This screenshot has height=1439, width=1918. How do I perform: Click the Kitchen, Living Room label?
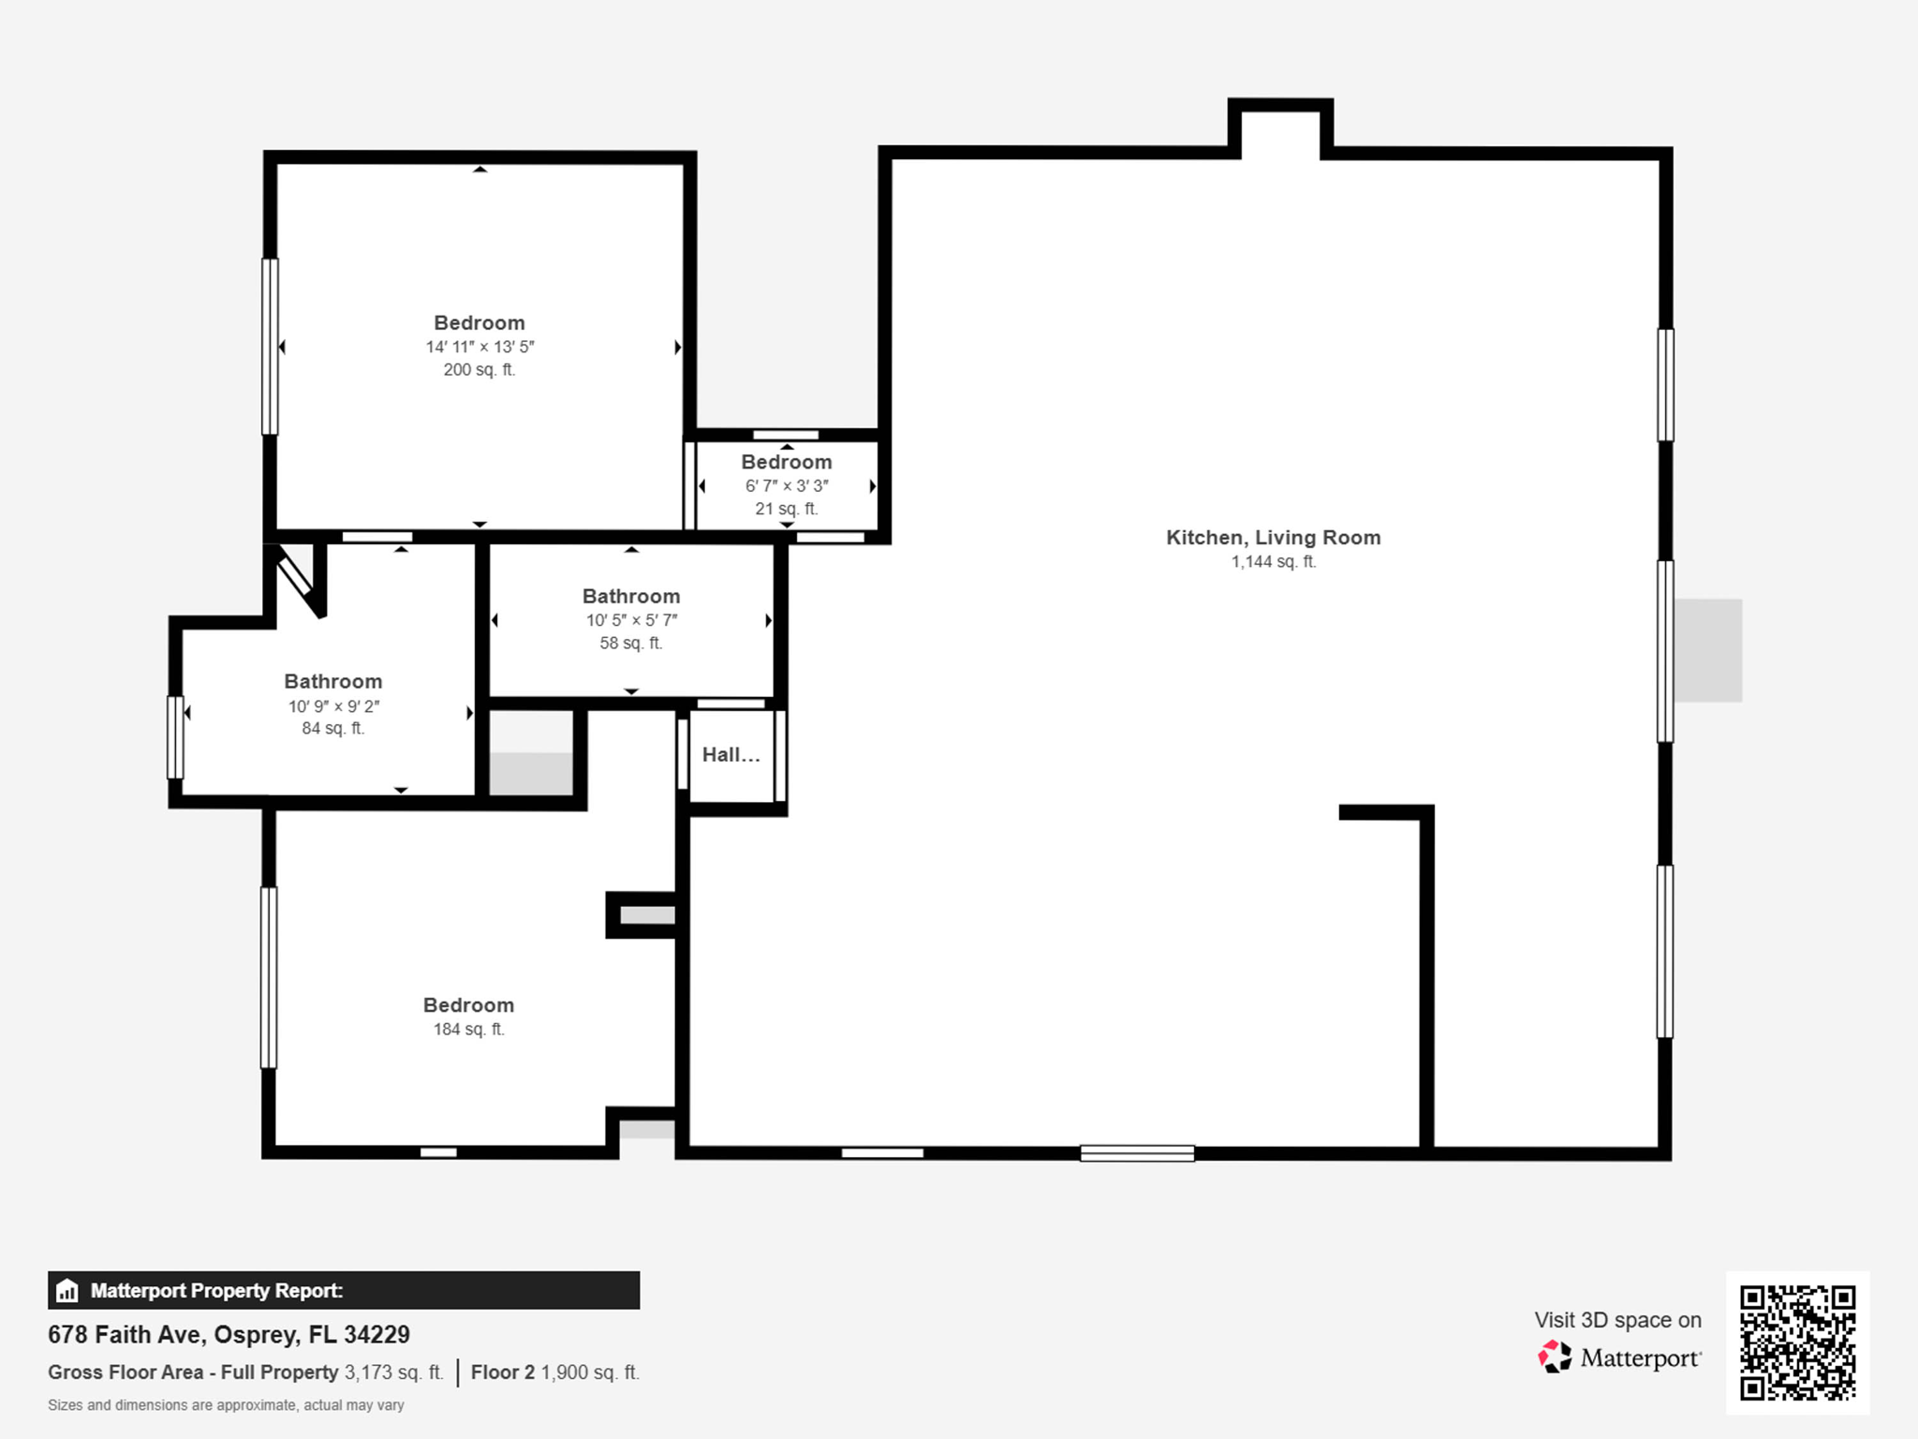click(x=1273, y=538)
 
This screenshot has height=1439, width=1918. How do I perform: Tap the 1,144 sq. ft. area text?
click(x=1273, y=562)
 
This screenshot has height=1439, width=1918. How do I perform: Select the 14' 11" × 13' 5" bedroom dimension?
click(x=479, y=347)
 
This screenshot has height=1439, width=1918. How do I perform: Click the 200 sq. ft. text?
click(x=479, y=370)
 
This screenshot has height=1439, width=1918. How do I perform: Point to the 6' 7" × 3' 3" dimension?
click(x=787, y=486)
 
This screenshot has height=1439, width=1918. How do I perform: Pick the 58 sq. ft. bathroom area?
click(x=630, y=644)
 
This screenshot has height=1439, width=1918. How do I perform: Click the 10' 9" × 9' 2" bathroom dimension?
click(x=333, y=706)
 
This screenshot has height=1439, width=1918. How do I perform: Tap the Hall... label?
click(x=730, y=755)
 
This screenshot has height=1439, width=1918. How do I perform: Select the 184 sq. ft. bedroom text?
click(x=468, y=1030)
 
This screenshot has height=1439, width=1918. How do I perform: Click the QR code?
click(x=1797, y=1343)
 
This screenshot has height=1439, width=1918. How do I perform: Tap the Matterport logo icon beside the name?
click(x=1555, y=1357)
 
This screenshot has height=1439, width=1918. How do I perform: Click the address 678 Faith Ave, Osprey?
click(x=229, y=1334)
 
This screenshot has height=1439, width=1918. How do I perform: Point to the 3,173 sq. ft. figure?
click(x=393, y=1372)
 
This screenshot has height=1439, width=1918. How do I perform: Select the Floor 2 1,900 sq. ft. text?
click(x=554, y=1372)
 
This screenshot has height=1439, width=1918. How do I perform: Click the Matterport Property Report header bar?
click(x=344, y=1290)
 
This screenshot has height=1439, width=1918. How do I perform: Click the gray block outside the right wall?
click(x=1708, y=650)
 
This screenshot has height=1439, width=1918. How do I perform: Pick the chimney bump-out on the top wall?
click(x=1280, y=129)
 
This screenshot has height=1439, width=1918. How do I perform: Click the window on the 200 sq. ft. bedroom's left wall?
click(x=270, y=347)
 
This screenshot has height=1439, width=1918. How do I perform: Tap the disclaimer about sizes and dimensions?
click(x=226, y=1405)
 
